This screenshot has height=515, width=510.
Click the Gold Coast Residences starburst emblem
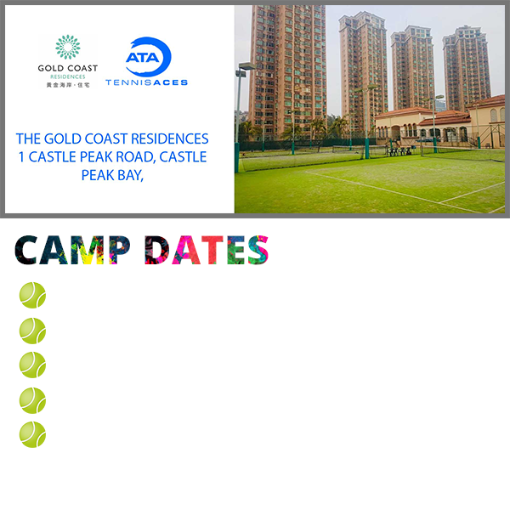(x=68, y=47)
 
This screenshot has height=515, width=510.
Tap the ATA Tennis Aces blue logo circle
(x=149, y=56)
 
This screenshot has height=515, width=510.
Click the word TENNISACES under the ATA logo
(x=146, y=82)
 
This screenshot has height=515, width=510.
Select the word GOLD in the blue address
(x=63, y=139)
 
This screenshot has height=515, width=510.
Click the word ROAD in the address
(x=136, y=157)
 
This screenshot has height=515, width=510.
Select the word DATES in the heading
(x=207, y=250)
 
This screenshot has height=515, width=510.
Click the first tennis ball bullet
(x=32, y=295)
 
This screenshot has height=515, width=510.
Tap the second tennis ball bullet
(x=32, y=331)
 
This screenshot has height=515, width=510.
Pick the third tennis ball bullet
(x=32, y=365)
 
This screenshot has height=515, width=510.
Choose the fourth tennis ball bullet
(x=32, y=400)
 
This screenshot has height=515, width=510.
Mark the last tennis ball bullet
(x=32, y=434)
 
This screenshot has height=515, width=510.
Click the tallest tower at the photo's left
(x=288, y=69)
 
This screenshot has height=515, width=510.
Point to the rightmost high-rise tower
(x=467, y=68)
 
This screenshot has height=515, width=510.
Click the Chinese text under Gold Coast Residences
(x=68, y=85)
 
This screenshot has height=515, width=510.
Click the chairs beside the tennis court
(x=399, y=151)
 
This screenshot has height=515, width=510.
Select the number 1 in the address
(x=21, y=157)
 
